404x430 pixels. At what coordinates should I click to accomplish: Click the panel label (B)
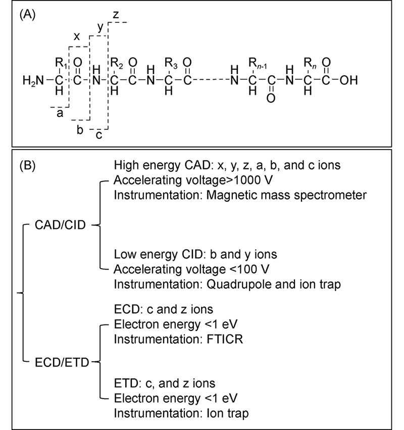[28, 166]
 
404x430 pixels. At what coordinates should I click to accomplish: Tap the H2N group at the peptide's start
[33, 80]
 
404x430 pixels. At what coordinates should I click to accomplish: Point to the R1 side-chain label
[61, 63]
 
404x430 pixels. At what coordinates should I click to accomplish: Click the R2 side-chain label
[117, 63]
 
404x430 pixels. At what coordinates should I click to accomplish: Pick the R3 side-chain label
[170, 63]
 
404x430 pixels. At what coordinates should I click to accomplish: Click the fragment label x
[76, 36]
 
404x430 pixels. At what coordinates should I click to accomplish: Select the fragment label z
[116, 15]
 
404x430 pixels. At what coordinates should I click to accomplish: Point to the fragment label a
[60, 114]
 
